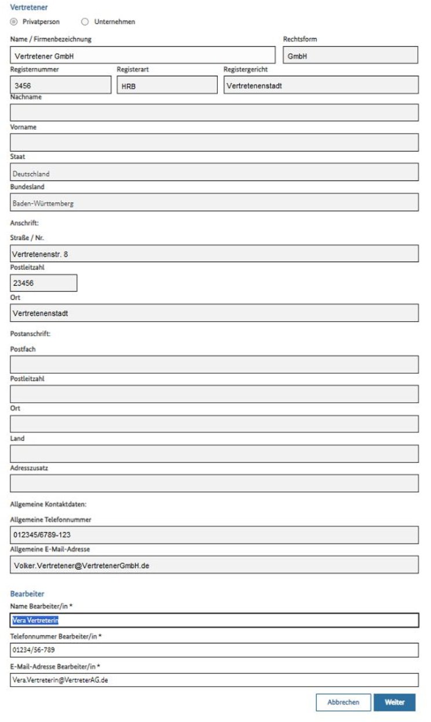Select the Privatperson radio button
pyautogui.click(x=13, y=22)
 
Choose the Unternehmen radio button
pyautogui.click(x=85, y=22)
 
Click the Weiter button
pyautogui.click(x=395, y=702)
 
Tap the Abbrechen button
pyautogui.click(x=343, y=702)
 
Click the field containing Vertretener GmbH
pyautogui.click(x=143, y=56)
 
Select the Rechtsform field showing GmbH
pyautogui.click(x=350, y=56)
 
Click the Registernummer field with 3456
pyautogui.click(x=60, y=86)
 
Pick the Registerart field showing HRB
pyautogui.click(x=167, y=86)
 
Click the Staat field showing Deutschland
pyautogui.click(x=214, y=173)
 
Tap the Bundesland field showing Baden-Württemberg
pyautogui.click(x=214, y=203)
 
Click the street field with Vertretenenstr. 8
pyautogui.click(x=214, y=253)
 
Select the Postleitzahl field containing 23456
pyautogui.click(x=43, y=283)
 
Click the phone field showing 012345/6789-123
pyautogui.click(x=214, y=535)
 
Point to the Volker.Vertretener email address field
pyautogui.click(x=214, y=565)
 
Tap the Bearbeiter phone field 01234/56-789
pyautogui.click(x=214, y=650)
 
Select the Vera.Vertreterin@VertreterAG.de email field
pyautogui.click(x=214, y=680)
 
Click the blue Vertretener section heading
pyautogui.click(x=29, y=8)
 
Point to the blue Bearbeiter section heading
pyautogui.click(x=27, y=594)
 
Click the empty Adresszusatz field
pyautogui.click(x=214, y=483)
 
